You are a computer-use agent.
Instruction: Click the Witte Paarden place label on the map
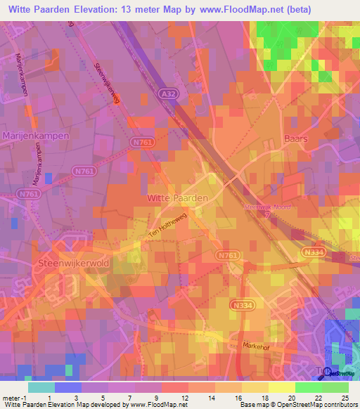[177, 198]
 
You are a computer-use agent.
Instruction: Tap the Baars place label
[296, 139]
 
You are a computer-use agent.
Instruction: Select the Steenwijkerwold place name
[67, 263]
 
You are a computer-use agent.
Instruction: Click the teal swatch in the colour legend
[41, 387]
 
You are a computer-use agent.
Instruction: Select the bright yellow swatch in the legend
[281, 387]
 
